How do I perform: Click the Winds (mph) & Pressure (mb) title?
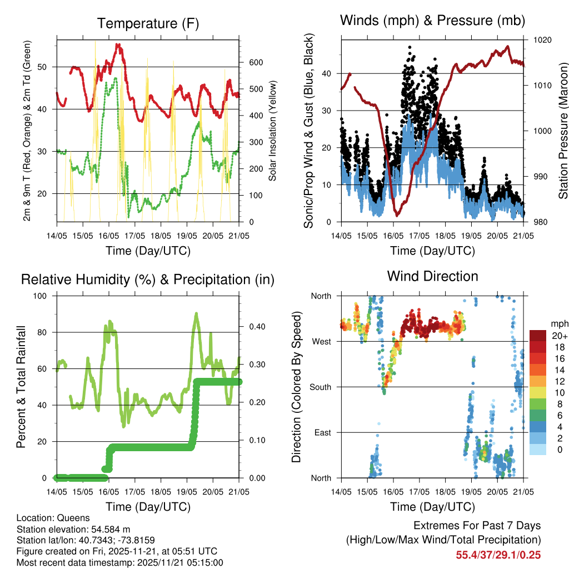point(432,21)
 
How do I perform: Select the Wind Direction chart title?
point(432,276)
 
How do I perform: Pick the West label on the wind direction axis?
point(321,341)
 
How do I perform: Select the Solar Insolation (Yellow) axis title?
point(273,131)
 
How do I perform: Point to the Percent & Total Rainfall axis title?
point(21,387)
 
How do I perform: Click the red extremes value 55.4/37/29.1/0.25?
point(498,555)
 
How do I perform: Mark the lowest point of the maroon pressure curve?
point(397,215)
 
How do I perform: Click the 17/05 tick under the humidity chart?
point(134,492)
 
